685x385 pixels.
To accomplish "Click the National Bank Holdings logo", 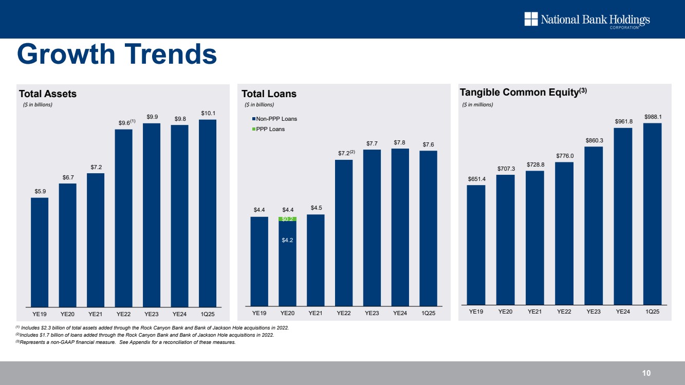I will [x=587, y=20].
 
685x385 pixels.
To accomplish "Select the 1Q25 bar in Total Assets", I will [x=208, y=213].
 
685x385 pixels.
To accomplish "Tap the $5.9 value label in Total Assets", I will [x=40, y=191].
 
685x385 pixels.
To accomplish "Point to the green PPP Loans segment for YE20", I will [x=287, y=219].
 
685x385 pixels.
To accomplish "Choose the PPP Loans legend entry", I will [x=270, y=129].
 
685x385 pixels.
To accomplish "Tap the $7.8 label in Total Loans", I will [x=400, y=142].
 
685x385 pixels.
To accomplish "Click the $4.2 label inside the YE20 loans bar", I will [x=287, y=240].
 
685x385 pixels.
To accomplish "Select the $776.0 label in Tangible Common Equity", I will [x=564, y=156].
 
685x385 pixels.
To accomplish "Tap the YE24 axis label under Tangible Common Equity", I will [x=623, y=311].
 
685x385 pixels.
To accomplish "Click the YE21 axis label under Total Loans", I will [x=316, y=313].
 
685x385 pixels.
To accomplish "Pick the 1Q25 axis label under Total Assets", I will [x=208, y=313].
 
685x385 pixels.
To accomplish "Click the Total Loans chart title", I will [x=269, y=94].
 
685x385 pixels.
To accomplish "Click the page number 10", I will [x=646, y=373].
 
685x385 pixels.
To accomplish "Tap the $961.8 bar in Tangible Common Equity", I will [x=623, y=216].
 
